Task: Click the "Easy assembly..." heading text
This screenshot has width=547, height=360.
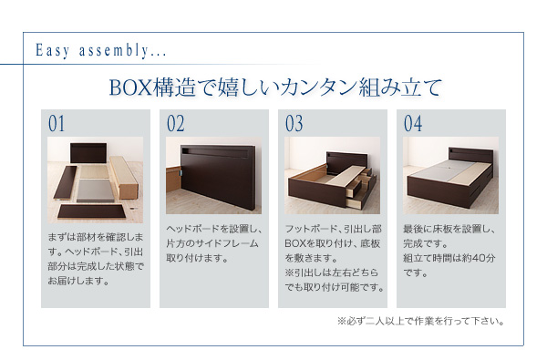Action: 101,51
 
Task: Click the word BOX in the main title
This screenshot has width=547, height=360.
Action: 130,87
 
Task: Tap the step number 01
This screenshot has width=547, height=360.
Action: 57,124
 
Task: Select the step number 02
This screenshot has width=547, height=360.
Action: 175,124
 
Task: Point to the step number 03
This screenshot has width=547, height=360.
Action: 294,124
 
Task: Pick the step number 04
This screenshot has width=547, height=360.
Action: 413,124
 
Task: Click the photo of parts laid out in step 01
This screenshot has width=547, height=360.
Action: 95,180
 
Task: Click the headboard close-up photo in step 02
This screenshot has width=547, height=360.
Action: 214,175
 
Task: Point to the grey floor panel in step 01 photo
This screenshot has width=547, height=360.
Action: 95,190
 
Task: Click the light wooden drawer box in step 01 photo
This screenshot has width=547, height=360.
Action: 124,177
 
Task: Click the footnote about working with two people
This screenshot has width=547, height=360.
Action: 420,321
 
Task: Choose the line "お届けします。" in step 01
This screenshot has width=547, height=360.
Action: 78,281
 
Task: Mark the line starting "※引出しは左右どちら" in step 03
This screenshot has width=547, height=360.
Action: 332,273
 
